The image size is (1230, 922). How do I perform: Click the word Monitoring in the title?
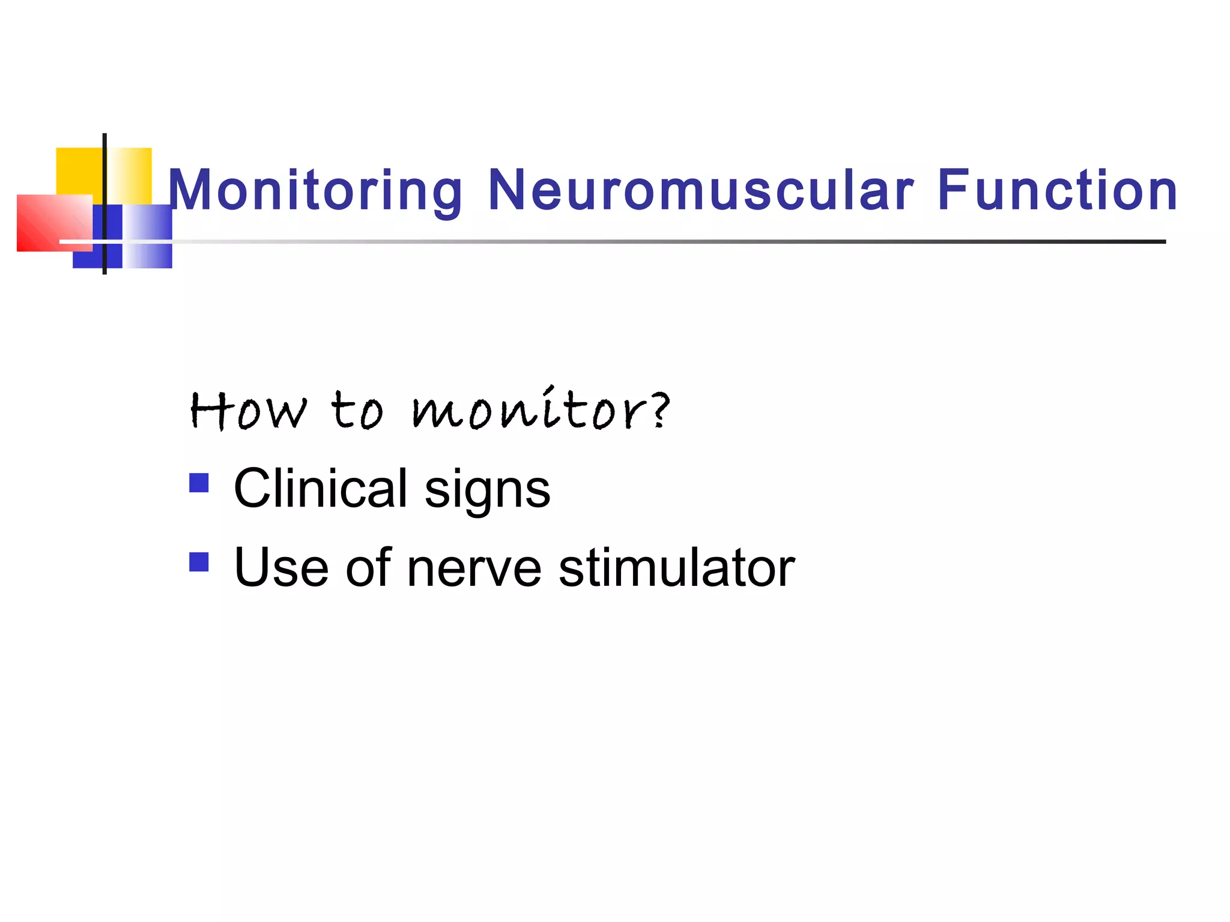(x=315, y=191)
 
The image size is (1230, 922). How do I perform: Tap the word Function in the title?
(x=1057, y=191)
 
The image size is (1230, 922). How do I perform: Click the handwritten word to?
(x=357, y=411)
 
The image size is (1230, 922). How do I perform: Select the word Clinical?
(x=321, y=488)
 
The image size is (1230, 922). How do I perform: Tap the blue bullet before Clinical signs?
(x=199, y=483)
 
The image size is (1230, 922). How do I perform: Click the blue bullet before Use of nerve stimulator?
(x=199, y=562)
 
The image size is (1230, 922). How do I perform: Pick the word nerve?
(x=474, y=569)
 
